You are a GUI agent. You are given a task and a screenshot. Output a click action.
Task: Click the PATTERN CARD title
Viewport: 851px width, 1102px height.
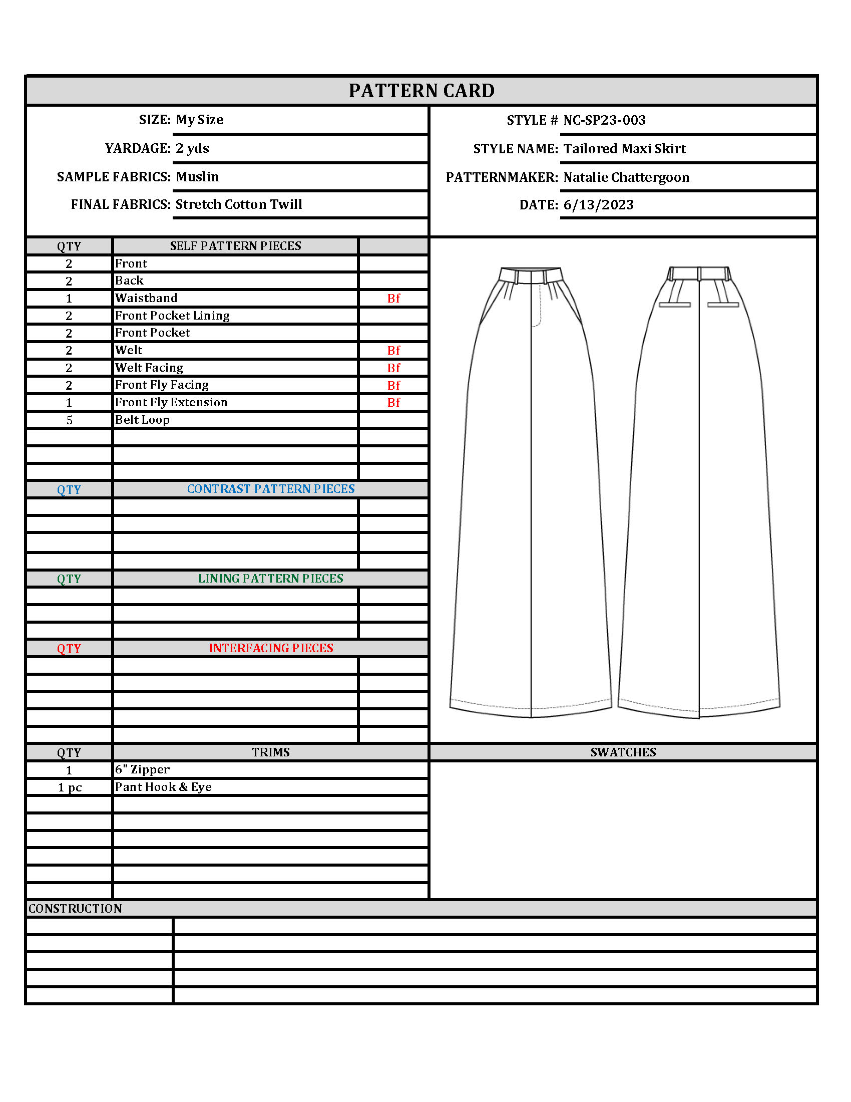(x=421, y=91)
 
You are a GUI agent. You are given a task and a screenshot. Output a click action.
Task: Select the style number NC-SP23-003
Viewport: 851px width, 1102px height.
(x=604, y=120)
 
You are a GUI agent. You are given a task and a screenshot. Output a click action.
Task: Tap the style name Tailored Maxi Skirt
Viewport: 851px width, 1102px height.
(x=624, y=149)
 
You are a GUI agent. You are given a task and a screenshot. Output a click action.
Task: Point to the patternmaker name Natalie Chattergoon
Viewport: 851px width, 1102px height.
(x=626, y=177)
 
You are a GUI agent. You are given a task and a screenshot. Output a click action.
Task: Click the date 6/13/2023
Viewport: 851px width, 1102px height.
(x=598, y=205)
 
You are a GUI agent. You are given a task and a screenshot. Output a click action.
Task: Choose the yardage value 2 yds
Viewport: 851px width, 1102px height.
(x=192, y=148)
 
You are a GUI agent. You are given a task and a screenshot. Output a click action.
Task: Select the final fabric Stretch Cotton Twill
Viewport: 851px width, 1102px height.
(x=238, y=204)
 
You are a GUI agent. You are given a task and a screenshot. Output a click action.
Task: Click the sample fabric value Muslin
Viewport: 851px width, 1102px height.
(x=197, y=177)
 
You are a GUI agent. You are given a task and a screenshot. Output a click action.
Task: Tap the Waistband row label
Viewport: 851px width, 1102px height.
(x=146, y=298)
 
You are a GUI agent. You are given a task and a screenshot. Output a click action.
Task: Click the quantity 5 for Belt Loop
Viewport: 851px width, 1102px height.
(x=69, y=420)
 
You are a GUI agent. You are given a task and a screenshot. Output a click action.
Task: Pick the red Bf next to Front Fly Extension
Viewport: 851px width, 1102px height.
(x=393, y=403)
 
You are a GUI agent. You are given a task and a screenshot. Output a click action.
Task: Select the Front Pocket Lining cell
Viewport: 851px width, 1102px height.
(x=172, y=316)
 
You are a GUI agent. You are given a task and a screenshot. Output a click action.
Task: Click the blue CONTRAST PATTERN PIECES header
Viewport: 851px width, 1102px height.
(x=271, y=489)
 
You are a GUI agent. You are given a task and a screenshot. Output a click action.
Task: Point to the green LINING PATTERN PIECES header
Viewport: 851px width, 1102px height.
(x=270, y=579)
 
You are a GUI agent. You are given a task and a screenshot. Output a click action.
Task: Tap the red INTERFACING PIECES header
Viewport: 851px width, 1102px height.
(x=271, y=648)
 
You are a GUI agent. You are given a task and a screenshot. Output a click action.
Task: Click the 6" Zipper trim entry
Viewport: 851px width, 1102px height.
(x=142, y=770)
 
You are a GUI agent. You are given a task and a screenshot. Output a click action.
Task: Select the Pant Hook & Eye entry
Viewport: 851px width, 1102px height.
(x=163, y=787)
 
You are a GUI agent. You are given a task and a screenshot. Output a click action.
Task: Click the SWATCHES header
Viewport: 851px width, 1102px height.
(x=623, y=752)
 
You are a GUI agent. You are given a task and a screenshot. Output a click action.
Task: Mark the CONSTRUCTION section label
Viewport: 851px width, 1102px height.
(x=75, y=909)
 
